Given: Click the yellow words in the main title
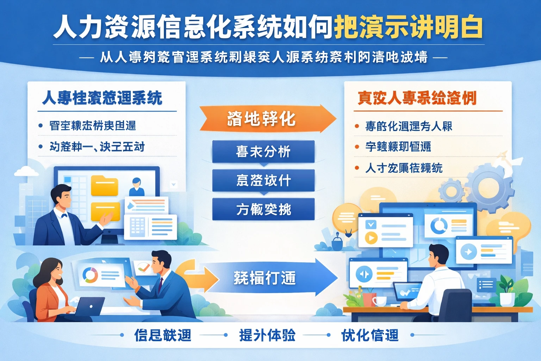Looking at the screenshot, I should pyautogui.click(x=408, y=27).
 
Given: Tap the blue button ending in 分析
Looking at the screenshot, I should pyautogui.click(x=263, y=152).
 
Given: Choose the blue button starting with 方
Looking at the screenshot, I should pyautogui.click(x=263, y=209).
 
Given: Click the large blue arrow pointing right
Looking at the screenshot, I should pyautogui.click(x=268, y=278).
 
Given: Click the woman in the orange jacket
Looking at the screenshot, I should pyautogui.click(x=51, y=289).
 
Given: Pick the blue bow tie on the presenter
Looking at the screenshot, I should pyautogui.click(x=64, y=215).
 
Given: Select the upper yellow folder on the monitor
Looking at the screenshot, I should pyautogui.click(x=104, y=185).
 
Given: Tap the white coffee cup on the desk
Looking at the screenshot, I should pyautogui.click(x=379, y=301).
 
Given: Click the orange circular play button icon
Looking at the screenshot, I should pyautogui.click(x=371, y=238).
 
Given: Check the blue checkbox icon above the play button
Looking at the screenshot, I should pyautogui.click(x=371, y=224).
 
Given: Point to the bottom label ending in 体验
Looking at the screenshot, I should pyautogui.click(x=267, y=335).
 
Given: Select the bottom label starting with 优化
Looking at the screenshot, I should pyautogui.click(x=370, y=335).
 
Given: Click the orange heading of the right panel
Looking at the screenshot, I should pyautogui.click(x=417, y=98).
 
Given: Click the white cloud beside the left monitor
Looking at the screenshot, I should pyautogui.click(x=26, y=171).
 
